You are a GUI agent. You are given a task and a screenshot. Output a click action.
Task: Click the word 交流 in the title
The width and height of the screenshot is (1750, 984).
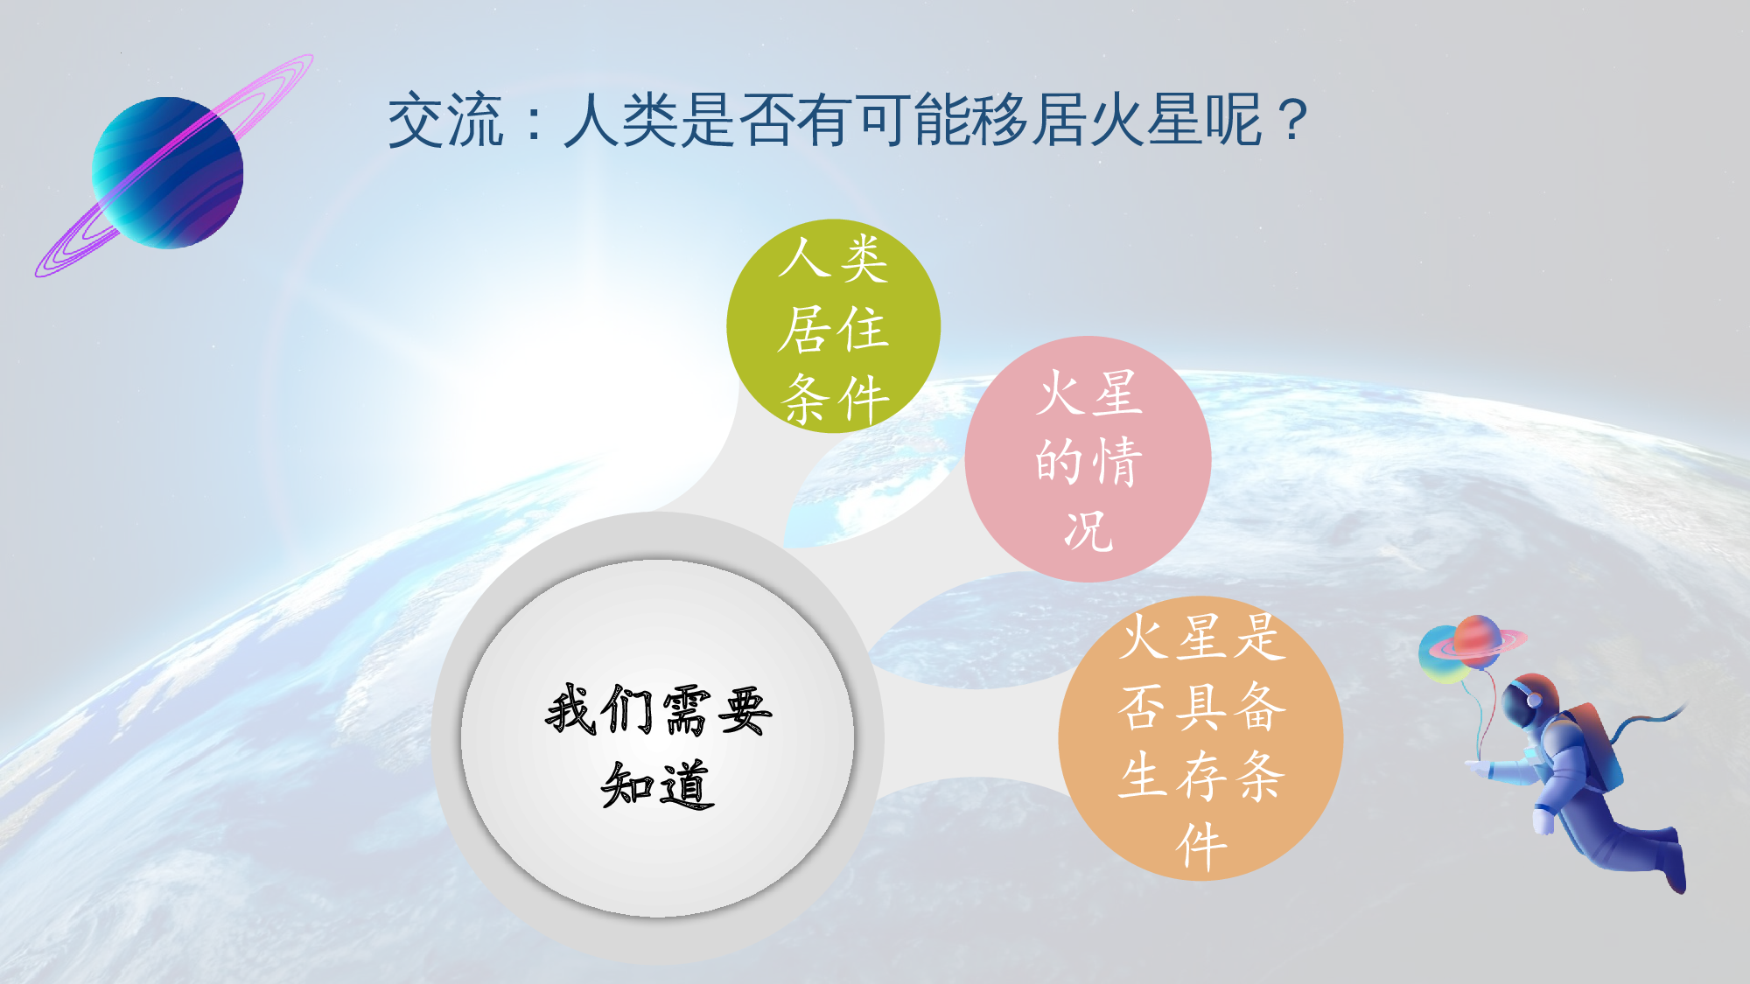(445, 120)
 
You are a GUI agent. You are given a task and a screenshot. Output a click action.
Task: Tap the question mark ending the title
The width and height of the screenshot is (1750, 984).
(1292, 120)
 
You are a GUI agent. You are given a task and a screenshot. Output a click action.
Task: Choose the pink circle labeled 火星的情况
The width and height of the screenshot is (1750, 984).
(1088, 459)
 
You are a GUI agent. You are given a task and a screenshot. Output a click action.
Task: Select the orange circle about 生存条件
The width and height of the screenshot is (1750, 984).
(1200, 739)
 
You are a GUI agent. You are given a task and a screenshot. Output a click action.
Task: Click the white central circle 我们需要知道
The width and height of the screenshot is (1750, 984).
(658, 739)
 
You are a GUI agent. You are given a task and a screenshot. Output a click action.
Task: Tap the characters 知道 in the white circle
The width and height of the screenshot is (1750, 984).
(658, 785)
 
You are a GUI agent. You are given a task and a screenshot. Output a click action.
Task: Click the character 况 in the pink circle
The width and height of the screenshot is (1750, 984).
(1088, 531)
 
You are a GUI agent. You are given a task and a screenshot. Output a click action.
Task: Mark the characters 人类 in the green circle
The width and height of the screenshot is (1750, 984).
(833, 259)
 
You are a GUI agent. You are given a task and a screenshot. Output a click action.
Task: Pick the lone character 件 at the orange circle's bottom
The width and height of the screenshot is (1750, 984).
(1200, 846)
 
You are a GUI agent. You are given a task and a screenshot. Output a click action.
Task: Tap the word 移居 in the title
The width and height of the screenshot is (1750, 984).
(1001, 120)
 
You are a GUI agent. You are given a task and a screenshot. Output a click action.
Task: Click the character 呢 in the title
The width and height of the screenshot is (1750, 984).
(1234, 120)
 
